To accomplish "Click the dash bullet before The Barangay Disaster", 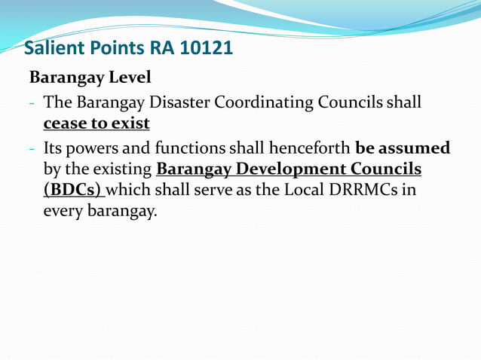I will [x=32, y=102].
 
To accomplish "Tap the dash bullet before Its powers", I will [x=32, y=147].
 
